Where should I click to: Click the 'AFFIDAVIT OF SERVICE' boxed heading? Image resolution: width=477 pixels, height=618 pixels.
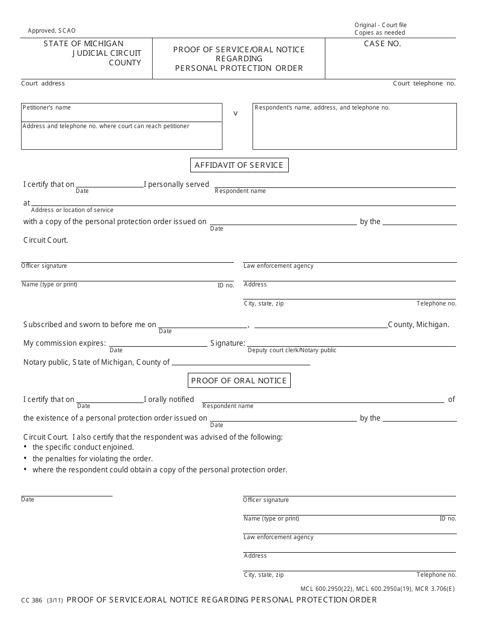[x=239, y=165]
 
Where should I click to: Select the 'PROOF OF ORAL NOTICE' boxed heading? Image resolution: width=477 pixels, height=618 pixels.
[x=239, y=381]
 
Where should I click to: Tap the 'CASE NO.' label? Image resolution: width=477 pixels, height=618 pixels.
[x=382, y=44]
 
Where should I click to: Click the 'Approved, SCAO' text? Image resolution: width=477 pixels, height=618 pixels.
[x=52, y=31]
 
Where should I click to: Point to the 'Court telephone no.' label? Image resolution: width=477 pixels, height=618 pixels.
[x=424, y=83]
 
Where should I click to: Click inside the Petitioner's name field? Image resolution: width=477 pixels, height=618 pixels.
[x=121, y=114]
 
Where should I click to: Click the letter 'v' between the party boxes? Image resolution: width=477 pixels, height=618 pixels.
[x=235, y=114]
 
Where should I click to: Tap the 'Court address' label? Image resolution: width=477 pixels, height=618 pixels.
[x=43, y=83]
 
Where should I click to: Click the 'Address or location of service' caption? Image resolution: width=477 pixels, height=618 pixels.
[x=72, y=210]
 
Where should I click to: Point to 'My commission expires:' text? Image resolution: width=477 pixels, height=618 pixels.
[x=64, y=344]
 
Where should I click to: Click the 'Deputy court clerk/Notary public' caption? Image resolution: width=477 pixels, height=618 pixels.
[x=292, y=350]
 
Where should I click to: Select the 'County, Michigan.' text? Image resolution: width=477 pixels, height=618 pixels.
[x=418, y=325]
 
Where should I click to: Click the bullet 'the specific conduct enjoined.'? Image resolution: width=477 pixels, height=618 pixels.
[x=83, y=447]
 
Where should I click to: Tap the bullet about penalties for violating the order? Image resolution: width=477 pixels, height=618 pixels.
[x=92, y=459]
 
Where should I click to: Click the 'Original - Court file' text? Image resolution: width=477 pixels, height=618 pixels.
[x=380, y=25]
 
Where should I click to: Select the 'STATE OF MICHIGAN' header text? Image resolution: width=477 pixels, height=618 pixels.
[x=83, y=44]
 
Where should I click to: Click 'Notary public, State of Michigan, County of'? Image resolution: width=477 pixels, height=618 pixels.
[x=96, y=362]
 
